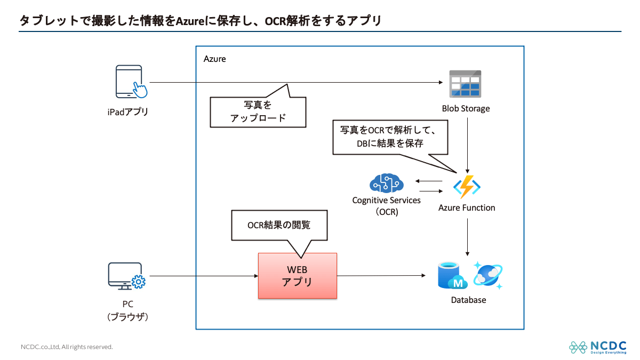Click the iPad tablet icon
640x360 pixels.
(x=130, y=82)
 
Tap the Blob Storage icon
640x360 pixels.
(x=465, y=84)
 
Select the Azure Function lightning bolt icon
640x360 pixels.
(x=467, y=187)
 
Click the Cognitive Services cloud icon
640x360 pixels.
(x=386, y=183)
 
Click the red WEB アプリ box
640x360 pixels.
(x=298, y=276)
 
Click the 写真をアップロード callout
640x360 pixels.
(x=258, y=111)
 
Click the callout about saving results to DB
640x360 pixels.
(x=389, y=137)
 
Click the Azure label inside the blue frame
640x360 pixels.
(x=215, y=59)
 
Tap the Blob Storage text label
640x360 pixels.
(x=466, y=109)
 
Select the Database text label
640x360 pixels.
(x=468, y=300)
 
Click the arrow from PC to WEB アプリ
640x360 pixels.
(x=203, y=276)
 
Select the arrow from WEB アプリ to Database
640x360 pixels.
(x=381, y=276)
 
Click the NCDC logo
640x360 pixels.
(x=597, y=347)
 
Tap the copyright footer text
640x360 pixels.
(x=67, y=347)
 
